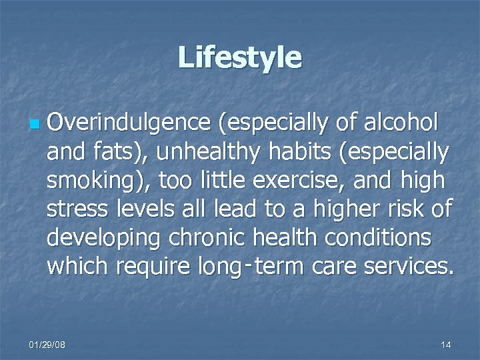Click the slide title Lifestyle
[x=239, y=57]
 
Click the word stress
[x=77, y=209]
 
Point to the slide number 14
[x=446, y=345]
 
